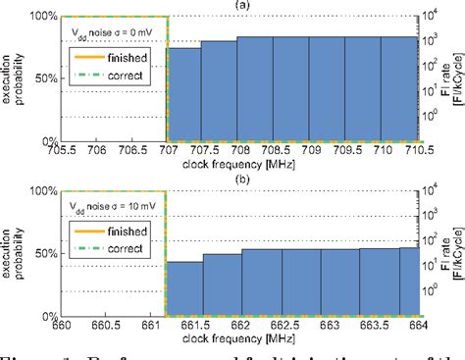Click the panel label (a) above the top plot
(x=241, y=6)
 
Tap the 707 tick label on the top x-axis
(x=169, y=151)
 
